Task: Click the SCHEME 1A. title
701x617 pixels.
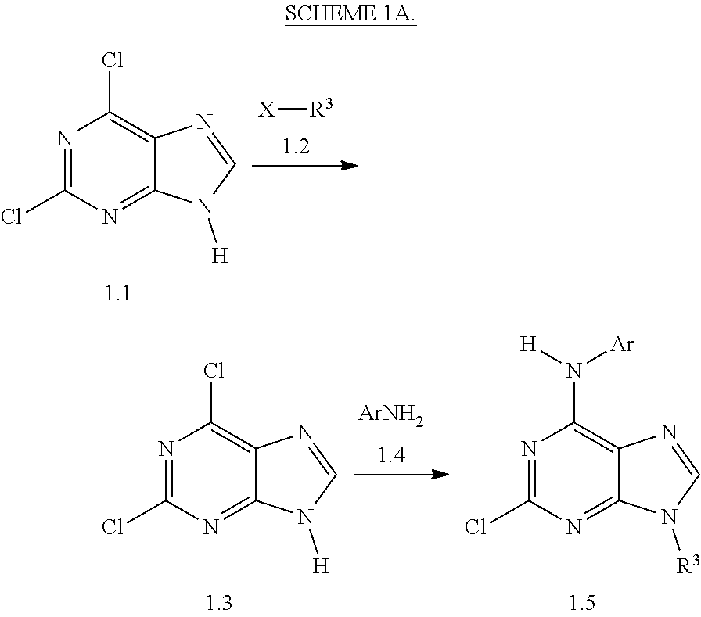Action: tap(350, 15)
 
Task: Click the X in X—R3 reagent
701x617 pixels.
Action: tap(267, 110)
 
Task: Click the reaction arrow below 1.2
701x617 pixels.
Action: tap(304, 166)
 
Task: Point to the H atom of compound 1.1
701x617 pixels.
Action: tap(220, 256)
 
